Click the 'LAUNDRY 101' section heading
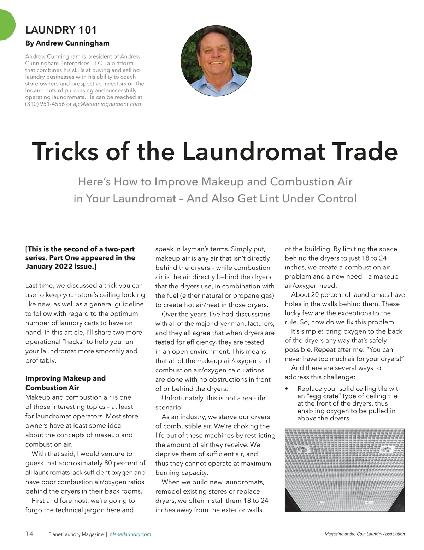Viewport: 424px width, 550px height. [x=61, y=30]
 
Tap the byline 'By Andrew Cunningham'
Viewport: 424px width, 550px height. [x=67, y=43]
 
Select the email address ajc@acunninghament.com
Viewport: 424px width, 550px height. [x=107, y=104]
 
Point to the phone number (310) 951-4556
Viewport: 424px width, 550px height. [x=45, y=104]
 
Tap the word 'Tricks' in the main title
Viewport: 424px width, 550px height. [x=65, y=151]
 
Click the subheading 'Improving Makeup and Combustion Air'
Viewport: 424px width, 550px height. [x=65, y=383]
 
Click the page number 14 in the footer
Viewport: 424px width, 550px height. [x=29, y=534]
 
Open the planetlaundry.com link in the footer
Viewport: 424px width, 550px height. [x=130, y=534]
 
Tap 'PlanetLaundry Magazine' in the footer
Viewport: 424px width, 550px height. [x=76, y=534]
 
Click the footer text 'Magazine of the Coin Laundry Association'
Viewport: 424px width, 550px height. [x=365, y=534]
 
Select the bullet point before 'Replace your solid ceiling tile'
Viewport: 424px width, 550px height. [x=287, y=389]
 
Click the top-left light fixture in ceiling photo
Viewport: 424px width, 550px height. [x=302, y=449]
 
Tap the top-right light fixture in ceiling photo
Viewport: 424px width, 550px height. [x=386, y=449]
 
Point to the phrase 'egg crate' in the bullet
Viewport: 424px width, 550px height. [x=325, y=396]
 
